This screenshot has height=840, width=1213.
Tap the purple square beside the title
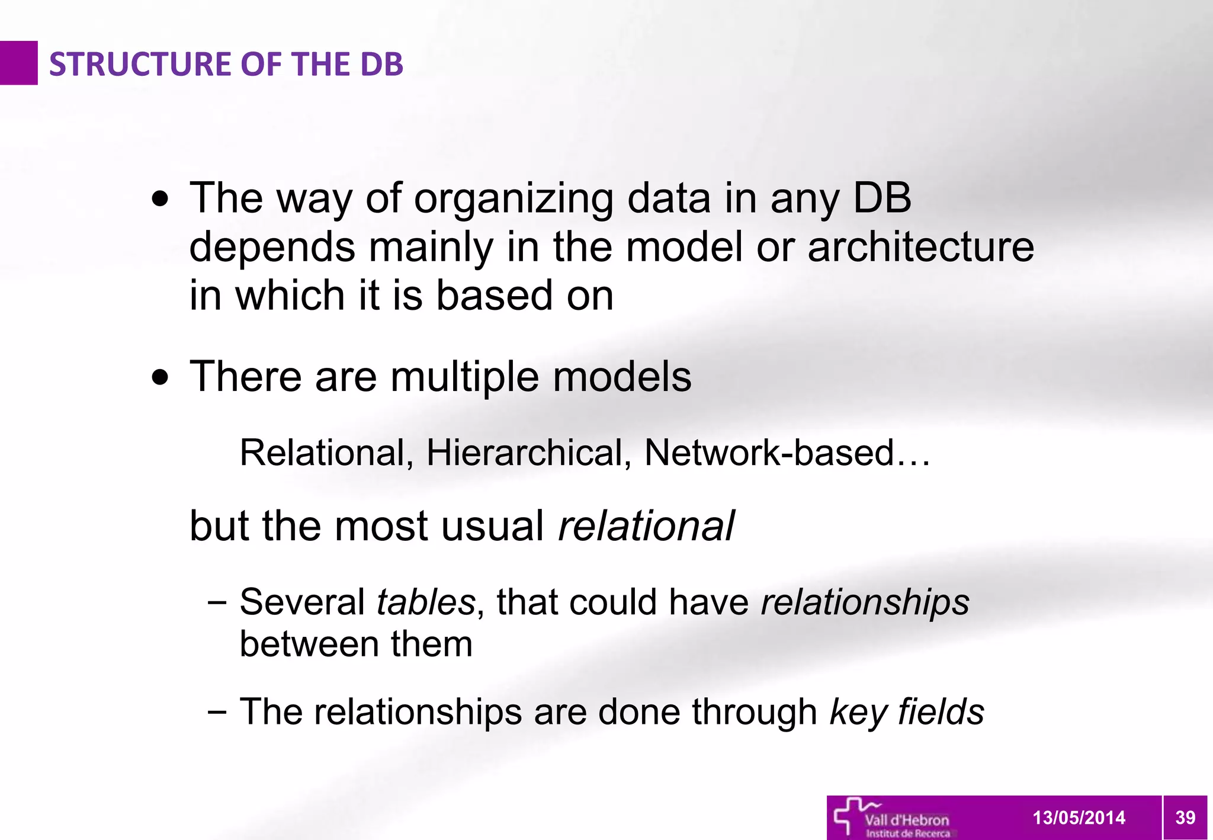coord(18,63)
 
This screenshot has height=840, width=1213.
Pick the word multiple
coord(464,377)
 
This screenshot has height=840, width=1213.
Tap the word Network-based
coord(769,453)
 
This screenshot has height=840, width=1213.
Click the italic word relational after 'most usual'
coord(646,526)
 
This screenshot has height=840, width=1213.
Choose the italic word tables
coord(426,602)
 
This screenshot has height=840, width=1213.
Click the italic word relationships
coord(865,602)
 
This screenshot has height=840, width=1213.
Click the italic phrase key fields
coord(907,711)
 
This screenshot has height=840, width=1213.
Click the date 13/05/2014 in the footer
coord(1079,818)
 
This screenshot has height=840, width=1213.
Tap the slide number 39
coord(1185,818)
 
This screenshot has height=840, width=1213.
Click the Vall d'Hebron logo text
coord(907,820)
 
